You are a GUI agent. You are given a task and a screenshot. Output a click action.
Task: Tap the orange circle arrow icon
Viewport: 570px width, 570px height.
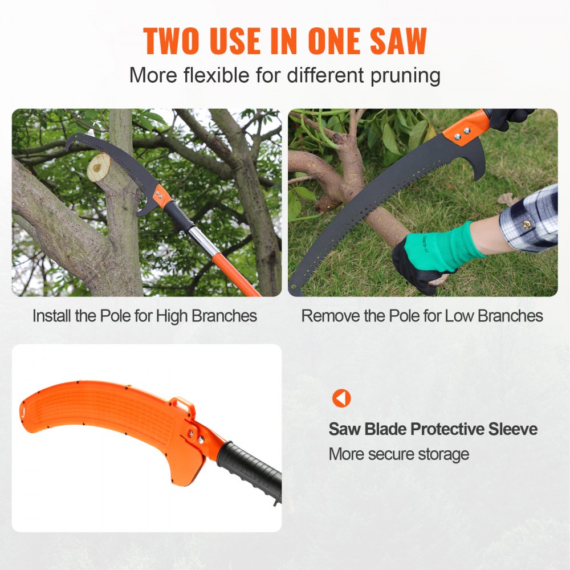[x=341, y=398]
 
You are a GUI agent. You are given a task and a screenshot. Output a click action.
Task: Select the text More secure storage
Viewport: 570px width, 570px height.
[x=398, y=454]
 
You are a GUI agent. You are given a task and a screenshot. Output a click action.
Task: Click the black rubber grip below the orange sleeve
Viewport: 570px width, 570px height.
[x=251, y=467]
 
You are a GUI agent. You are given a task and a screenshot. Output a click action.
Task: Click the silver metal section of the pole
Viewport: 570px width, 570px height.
[x=204, y=240]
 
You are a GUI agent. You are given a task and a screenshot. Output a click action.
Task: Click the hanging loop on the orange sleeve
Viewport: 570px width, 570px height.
[x=183, y=405]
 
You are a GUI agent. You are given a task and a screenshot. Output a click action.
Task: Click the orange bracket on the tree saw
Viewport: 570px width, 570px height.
[x=162, y=197]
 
